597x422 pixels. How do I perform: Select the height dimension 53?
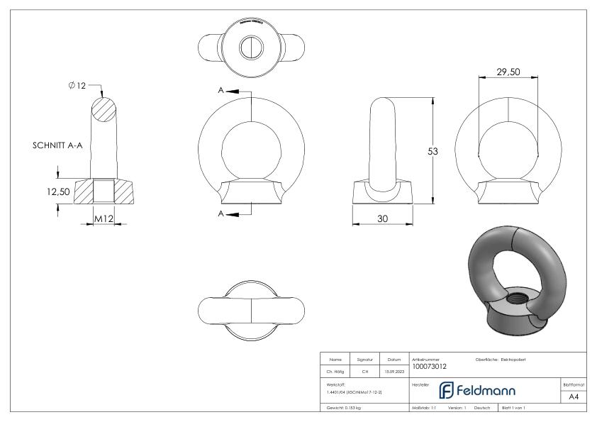(442, 151)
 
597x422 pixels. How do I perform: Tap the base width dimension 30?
(382, 219)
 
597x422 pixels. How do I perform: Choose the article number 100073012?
(429, 367)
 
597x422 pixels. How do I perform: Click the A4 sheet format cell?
(574, 398)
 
